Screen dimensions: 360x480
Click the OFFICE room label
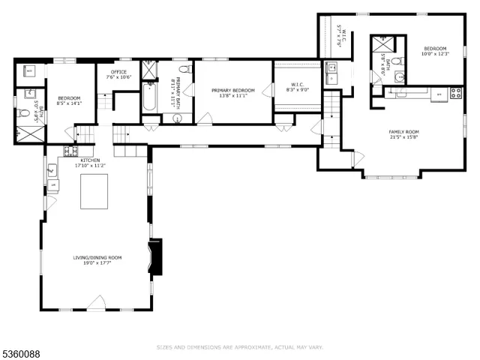118,71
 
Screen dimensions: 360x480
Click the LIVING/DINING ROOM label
97,257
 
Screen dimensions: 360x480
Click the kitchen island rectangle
94,192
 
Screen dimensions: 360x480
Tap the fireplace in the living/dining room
155,258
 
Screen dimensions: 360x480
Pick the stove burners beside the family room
454,93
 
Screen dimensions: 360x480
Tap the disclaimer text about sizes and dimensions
239,347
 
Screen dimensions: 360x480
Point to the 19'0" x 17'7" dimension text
97,262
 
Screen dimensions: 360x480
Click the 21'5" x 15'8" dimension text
403,137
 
